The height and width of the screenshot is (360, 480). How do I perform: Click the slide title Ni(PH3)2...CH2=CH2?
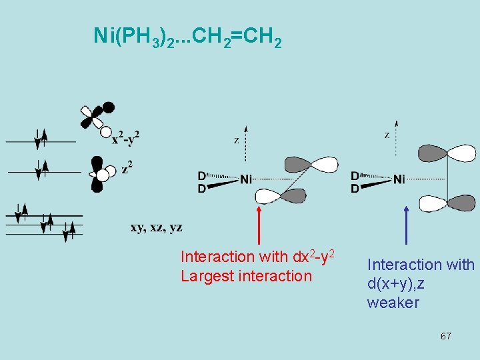point(187,39)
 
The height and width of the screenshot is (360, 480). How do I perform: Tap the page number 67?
point(445,336)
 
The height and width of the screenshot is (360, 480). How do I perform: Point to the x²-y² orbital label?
point(125,138)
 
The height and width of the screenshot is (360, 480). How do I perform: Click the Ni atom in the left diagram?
point(247,179)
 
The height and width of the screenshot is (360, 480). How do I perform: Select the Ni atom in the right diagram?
point(399,179)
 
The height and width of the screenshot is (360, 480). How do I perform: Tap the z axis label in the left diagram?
point(236,141)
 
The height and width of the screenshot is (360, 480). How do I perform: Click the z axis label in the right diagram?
point(387,135)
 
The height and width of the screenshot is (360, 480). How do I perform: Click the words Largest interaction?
point(246,276)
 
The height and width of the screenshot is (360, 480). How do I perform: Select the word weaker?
point(393,303)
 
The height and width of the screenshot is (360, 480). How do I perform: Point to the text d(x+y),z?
point(396,284)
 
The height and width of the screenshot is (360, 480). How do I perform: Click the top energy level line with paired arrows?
point(41,141)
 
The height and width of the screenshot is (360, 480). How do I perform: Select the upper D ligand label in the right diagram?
point(355,176)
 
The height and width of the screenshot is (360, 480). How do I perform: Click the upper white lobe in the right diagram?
point(461,153)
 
